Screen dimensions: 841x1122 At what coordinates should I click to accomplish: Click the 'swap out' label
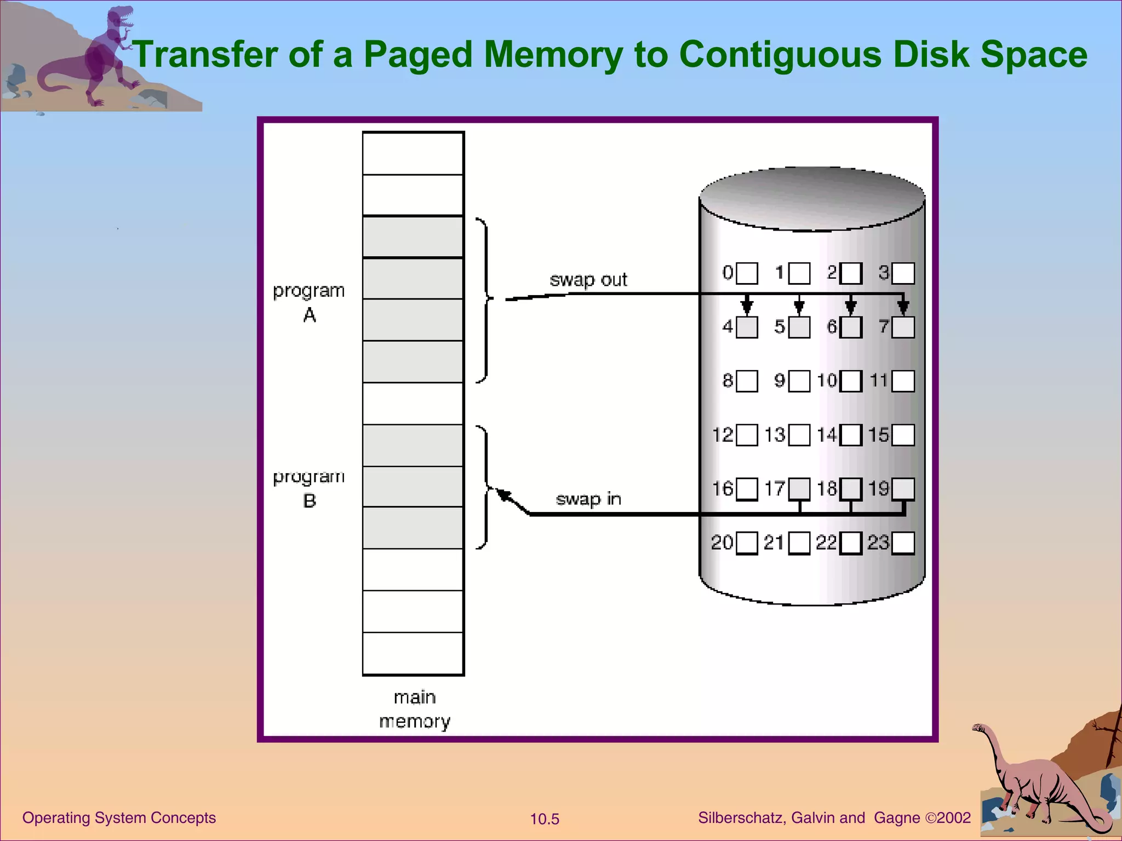(588, 280)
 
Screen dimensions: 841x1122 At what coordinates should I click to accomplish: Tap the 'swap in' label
(588, 499)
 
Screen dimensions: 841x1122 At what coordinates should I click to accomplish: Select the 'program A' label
(309, 302)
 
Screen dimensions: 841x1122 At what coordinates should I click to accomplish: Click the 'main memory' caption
(415, 709)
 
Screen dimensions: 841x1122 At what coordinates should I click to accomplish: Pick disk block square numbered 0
(747, 273)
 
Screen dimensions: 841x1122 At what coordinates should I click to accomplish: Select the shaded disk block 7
(903, 327)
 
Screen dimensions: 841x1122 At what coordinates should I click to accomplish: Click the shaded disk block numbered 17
(799, 489)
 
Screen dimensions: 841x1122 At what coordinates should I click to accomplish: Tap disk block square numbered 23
(903, 543)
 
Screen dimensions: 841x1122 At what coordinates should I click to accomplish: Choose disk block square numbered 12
(747, 435)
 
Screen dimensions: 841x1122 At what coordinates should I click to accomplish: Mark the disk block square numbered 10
(851, 381)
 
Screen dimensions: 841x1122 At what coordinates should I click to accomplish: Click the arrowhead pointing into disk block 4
(747, 307)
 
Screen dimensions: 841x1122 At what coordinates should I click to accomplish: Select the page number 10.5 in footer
(545, 819)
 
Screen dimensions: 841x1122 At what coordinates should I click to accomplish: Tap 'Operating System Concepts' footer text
(119, 817)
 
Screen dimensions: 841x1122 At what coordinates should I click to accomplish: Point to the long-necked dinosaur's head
(978, 728)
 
